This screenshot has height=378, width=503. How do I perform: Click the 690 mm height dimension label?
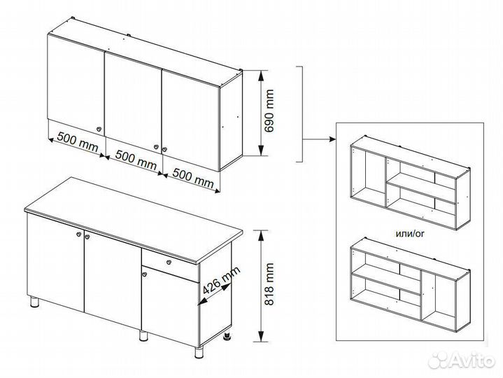pyautogui.click(x=269, y=111)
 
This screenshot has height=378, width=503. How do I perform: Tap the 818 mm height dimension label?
pyautogui.click(x=269, y=284)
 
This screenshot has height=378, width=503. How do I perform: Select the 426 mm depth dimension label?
pyautogui.click(x=221, y=281)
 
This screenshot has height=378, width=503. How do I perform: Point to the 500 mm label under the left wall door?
pyautogui.click(x=78, y=142)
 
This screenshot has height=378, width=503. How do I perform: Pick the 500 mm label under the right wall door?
pyautogui.click(x=193, y=177)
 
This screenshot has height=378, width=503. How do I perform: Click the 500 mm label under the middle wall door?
pyautogui.click(x=136, y=160)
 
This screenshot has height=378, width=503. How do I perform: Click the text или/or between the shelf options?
pyautogui.click(x=410, y=234)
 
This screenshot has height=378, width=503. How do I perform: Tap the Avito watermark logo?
pyautogui.click(x=462, y=360)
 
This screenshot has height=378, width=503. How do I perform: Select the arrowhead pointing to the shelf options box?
pyautogui.click(x=332, y=139)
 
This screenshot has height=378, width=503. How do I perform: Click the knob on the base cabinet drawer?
pyautogui.click(x=169, y=262)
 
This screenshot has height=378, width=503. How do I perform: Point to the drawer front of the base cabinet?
pyautogui.click(x=170, y=266)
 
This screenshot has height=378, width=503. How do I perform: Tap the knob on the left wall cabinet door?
pyautogui.click(x=99, y=129)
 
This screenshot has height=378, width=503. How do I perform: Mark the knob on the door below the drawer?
pyautogui.click(x=144, y=274)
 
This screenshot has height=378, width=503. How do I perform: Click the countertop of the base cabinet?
pyautogui.click(x=133, y=219)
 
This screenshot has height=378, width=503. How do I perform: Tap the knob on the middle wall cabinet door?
pyautogui.click(x=156, y=146)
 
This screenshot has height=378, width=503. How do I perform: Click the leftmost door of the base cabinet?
pyautogui.click(x=55, y=263)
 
